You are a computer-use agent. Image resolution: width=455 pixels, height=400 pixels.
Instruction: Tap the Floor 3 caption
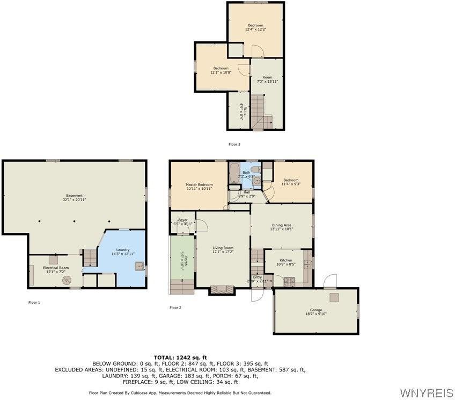click(234, 144)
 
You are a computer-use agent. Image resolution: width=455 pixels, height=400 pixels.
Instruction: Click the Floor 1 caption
click(34, 302)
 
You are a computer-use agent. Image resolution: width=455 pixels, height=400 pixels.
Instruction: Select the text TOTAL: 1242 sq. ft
click(180, 357)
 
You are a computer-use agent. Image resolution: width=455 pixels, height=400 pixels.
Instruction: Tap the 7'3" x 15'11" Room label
click(267, 79)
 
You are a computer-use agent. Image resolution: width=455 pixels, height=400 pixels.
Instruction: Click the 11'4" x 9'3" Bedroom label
click(291, 182)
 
